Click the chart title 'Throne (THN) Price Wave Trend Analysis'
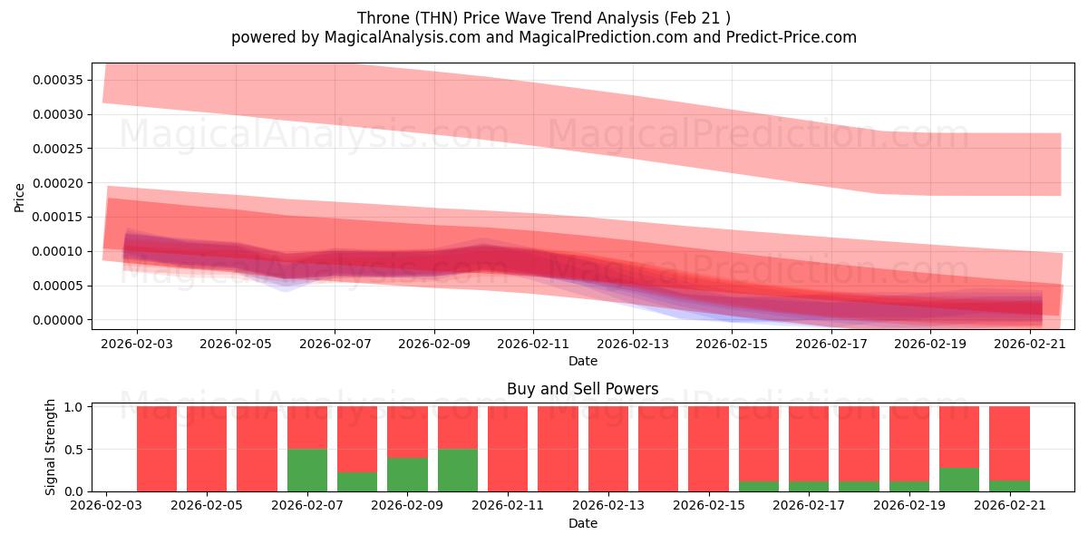point(508,18)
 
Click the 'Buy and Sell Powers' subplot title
point(582,389)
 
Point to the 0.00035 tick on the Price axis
point(58,80)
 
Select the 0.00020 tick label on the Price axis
point(58,183)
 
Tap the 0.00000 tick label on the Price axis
point(58,320)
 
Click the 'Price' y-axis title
point(19,198)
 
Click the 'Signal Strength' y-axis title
point(50,447)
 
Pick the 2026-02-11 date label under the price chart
point(533,344)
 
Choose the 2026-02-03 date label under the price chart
point(137,344)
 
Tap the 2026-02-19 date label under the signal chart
point(909,505)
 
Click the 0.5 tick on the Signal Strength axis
point(73,450)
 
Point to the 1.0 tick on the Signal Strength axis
point(73,406)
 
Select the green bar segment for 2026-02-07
point(307,471)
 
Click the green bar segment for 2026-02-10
point(458,471)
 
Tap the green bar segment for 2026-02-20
point(959,480)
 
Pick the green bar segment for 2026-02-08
point(357,481)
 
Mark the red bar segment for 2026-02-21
point(1009,443)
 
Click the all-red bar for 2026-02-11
point(508,449)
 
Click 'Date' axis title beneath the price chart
point(582,361)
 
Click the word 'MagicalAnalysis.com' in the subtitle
point(403,37)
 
